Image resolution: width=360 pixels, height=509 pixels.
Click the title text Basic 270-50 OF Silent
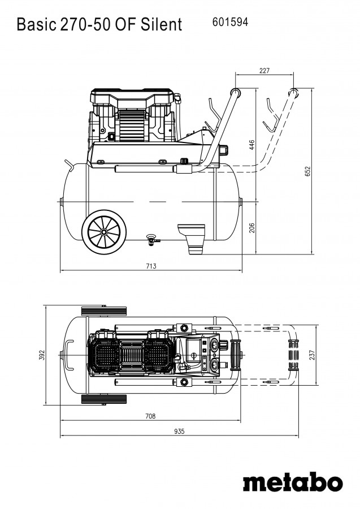tap(99, 24)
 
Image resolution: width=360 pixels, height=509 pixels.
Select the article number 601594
tap(230, 22)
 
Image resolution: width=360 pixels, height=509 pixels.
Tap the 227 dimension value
tap(264, 71)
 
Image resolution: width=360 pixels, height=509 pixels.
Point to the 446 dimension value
tap(252, 145)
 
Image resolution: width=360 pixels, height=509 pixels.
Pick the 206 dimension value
tap(252, 227)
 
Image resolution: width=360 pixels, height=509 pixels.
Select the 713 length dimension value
tap(151, 266)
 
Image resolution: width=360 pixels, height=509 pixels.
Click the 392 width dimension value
tap(41, 355)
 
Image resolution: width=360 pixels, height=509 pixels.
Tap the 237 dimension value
tap(313, 355)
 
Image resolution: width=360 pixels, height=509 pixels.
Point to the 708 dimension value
tap(150, 416)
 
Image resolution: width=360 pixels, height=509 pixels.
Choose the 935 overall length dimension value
tap(179, 431)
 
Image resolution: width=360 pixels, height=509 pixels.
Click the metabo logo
tap(292, 482)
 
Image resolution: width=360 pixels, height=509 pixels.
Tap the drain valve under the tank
tap(151, 239)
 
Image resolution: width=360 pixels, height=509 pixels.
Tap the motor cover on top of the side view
tap(132, 100)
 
